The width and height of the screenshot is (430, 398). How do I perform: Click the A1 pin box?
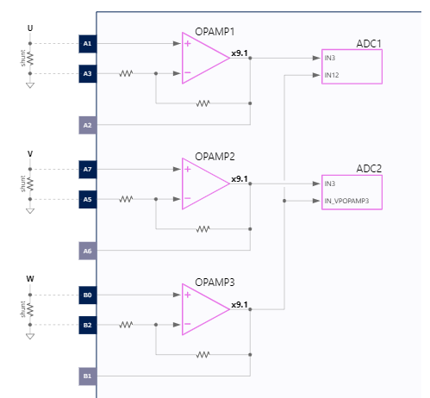pyautogui.click(x=87, y=43)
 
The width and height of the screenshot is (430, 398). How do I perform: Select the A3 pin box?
pyautogui.click(x=87, y=74)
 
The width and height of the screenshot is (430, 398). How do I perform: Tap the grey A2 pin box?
pyautogui.click(x=87, y=126)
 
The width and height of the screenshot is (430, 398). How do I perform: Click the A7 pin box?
pyautogui.click(x=87, y=169)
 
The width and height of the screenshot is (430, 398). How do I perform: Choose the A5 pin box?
pyautogui.click(x=87, y=200)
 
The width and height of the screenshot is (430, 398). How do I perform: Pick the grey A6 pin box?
pyautogui.click(x=87, y=252)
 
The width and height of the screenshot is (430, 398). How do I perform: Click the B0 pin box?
pyautogui.click(x=87, y=295)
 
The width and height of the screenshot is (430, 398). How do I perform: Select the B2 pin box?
pyautogui.click(x=87, y=326)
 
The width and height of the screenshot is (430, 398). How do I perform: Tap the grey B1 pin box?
pyautogui.click(x=87, y=377)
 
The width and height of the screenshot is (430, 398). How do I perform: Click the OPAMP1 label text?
pyautogui.click(x=215, y=31)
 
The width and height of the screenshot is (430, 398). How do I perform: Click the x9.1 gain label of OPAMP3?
pyautogui.click(x=240, y=305)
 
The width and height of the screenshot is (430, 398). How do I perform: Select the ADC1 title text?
pyautogui.click(x=368, y=43)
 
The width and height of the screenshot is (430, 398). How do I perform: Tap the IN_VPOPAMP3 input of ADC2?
pyautogui.click(x=346, y=201)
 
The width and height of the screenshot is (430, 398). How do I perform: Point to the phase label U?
pyautogui.click(x=30, y=28)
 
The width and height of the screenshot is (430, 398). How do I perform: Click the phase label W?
pyautogui.click(x=30, y=279)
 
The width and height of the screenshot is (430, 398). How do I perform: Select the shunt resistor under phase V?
pyautogui.click(x=30, y=184)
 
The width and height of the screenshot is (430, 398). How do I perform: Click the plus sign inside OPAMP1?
pyautogui.click(x=187, y=43)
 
